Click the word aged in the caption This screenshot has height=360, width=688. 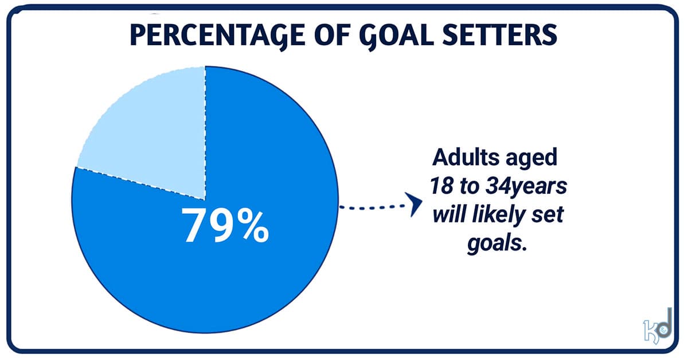coord(530,159)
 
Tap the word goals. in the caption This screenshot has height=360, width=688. coord(497,243)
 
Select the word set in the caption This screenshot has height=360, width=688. coord(550,214)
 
